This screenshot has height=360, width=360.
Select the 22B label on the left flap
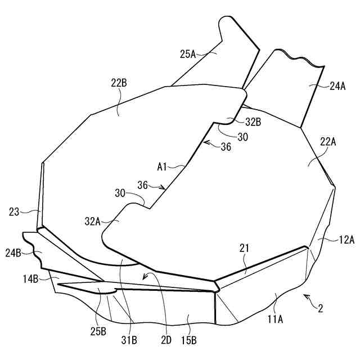pyautogui.click(x=119, y=83)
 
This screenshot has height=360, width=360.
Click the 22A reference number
pyautogui.click(x=328, y=142)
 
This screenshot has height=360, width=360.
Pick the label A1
pyautogui.click(x=164, y=166)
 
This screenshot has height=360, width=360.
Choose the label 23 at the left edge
pyautogui.click(x=15, y=212)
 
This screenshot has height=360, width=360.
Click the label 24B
pyautogui.click(x=15, y=253)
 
